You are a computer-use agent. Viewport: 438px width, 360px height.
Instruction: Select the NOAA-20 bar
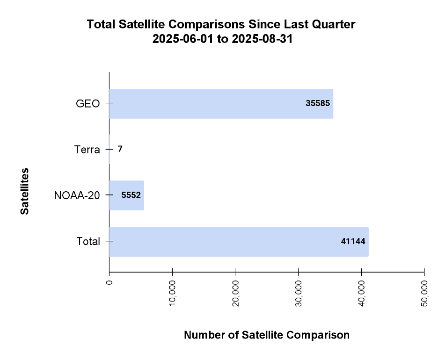(x=126, y=195)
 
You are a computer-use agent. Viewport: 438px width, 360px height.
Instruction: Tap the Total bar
(x=239, y=242)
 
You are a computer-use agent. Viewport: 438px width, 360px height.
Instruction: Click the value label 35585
(x=318, y=104)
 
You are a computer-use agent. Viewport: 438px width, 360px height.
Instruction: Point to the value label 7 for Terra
(x=120, y=149)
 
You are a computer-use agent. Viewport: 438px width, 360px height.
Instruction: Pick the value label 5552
(x=131, y=195)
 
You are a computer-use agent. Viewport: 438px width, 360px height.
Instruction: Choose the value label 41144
(x=353, y=242)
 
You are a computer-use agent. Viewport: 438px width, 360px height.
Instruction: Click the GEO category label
(x=88, y=104)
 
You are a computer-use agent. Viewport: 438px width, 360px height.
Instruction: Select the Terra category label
(x=87, y=150)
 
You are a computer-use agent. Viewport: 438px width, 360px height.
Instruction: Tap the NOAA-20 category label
(x=77, y=195)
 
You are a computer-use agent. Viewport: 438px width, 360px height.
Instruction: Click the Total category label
(x=88, y=242)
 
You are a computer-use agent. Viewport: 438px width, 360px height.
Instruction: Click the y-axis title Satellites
(x=25, y=191)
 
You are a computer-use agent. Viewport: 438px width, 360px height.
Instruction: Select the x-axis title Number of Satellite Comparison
(x=267, y=335)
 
